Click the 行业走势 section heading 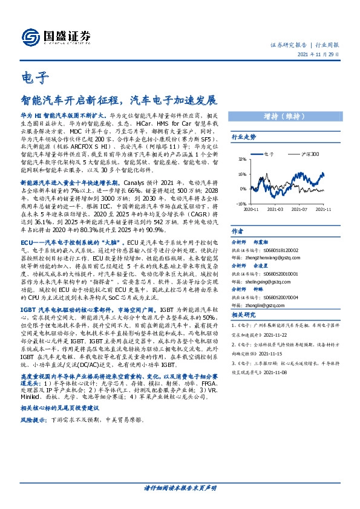pos(244,138)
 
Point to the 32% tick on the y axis pos(241,160)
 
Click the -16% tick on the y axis pos(241,204)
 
